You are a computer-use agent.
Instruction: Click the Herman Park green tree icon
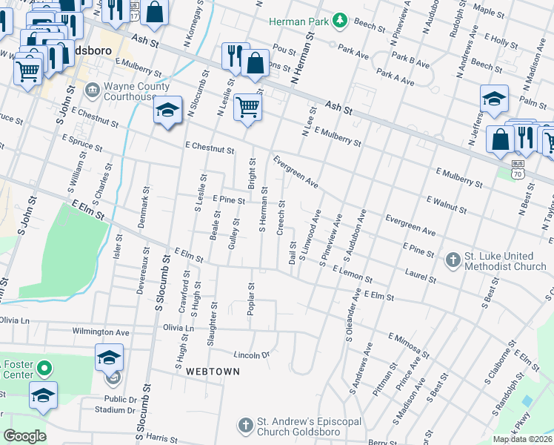coord(340,22)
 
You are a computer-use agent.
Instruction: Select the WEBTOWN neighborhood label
coord(213,371)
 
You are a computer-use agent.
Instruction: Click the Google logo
coord(24,436)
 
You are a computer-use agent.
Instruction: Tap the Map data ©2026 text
coord(522,439)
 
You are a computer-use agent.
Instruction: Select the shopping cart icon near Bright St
coord(247,107)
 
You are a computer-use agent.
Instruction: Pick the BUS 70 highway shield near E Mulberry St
coord(518,171)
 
